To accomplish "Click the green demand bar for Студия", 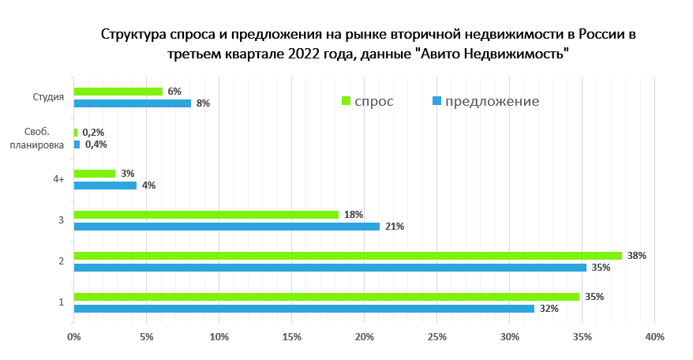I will tap(118, 92).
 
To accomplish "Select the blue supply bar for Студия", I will tap(133, 103).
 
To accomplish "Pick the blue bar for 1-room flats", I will tap(304, 309).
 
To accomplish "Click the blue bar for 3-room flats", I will tap(227, 227).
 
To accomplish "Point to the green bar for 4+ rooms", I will tap(95, 174).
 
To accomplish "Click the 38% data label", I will tap(637, 256).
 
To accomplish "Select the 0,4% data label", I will tap(96, 144).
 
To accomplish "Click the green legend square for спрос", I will tap(346, 101).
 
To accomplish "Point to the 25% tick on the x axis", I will tap(436, 337).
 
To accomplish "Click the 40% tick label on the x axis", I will tap(654, 337).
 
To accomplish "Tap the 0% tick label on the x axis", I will tap(74, 337).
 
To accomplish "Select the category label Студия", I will tap(48, 98).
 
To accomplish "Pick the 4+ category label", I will tap(58, 180).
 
